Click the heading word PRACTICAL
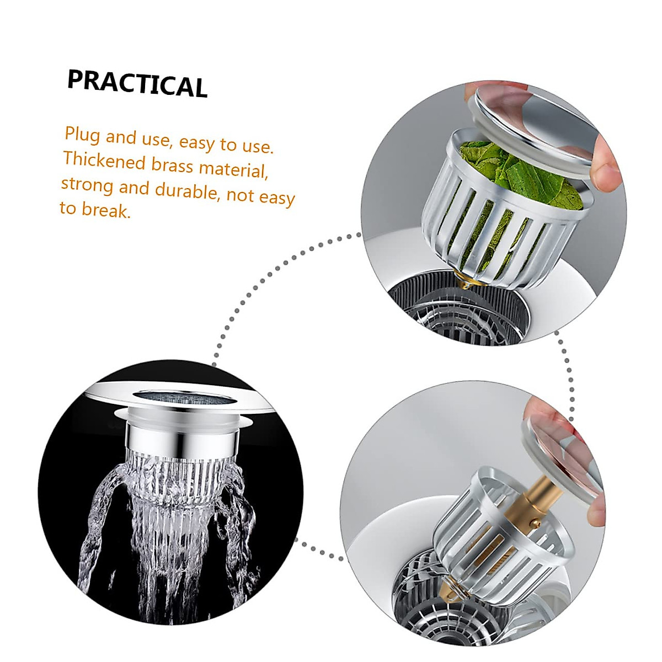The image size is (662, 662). [137, 84]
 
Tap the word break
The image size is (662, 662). [107, 210]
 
